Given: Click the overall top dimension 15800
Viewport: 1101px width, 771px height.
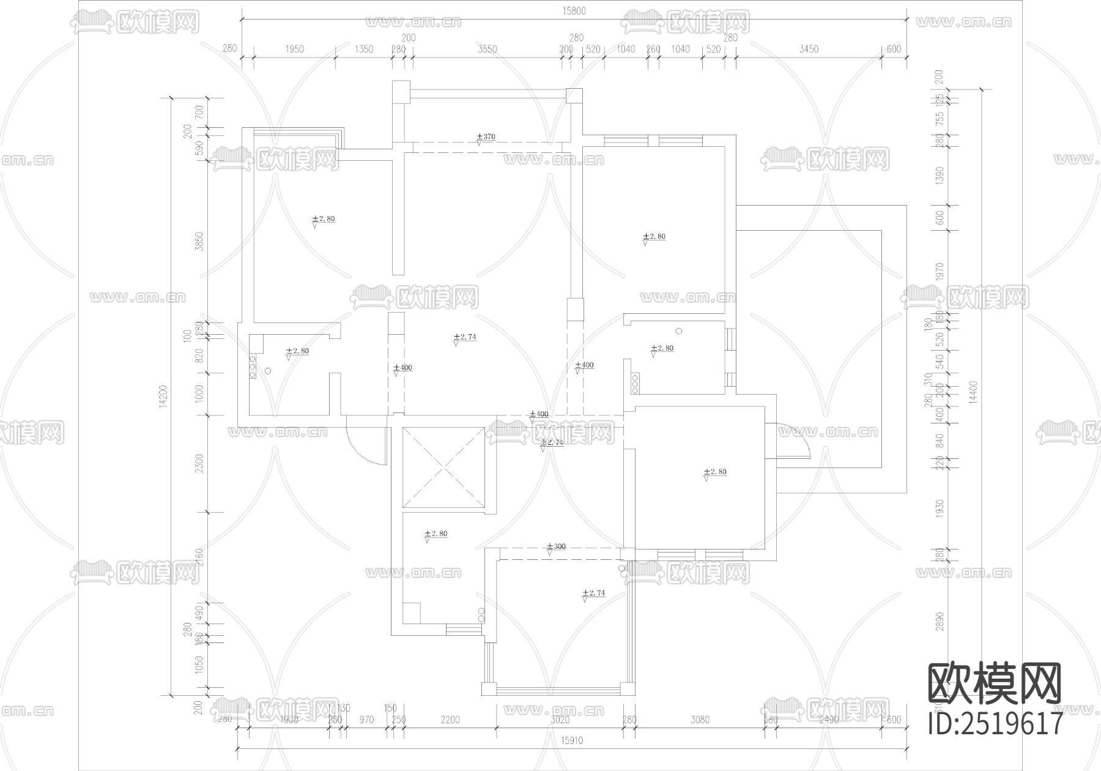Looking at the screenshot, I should coord(574,11).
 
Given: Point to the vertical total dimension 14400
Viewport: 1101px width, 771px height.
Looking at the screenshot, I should coord(974,392).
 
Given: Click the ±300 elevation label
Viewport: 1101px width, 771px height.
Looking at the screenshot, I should coord(556,546).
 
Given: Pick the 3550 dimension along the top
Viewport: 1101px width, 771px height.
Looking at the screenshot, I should coord(487,49).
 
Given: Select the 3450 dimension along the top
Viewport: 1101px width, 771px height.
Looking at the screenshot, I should coord(808,49).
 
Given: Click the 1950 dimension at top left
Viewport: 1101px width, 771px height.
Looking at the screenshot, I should coord(294,49).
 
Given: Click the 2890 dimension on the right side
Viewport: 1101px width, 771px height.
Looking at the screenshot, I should coord(940,621).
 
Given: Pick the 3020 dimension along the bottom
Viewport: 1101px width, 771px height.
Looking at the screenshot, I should coord(560,720).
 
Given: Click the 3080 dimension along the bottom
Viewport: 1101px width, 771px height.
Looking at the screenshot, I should coord(700,720).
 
